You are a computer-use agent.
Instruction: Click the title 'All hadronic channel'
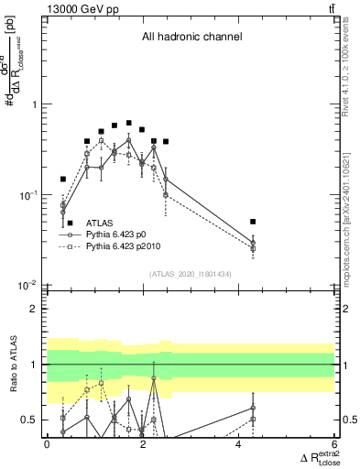point(191,38)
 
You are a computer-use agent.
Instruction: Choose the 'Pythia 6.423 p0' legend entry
point(123,234)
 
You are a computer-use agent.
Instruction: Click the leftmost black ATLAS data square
point(63,180)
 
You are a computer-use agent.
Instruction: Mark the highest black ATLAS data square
point(129,123)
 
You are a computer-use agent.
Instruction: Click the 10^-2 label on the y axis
point(30,286)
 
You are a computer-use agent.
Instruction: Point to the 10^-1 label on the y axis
point(30,195)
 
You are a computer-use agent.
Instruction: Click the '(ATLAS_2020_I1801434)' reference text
point(191,275)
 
